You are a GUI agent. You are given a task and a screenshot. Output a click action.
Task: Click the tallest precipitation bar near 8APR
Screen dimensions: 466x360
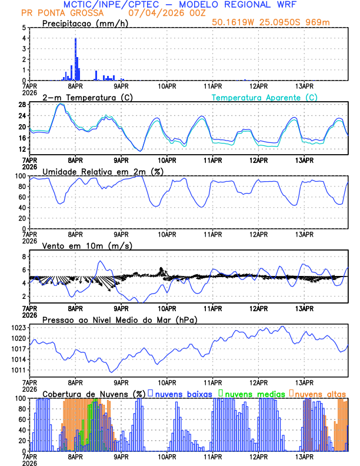click(x=75, y=59)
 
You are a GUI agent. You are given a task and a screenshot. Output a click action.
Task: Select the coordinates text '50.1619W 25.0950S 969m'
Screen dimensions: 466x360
click(x=279, y=22)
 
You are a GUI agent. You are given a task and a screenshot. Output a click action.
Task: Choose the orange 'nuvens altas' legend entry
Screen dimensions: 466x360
click(x=319, y=393)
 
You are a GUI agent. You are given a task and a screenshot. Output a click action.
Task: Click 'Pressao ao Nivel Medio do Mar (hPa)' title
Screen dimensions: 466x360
click(x=119, y=319)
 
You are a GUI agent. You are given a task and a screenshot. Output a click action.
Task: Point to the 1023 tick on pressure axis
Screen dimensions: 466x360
click(x=20, y=327)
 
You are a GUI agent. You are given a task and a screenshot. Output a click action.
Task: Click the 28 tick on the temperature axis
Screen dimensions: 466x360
click(x=21, y=105)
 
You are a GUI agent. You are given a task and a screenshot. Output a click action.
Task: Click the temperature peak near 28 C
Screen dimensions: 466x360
click(x=61, y=104)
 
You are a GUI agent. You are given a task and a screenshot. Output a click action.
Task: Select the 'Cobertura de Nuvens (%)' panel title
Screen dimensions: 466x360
click(x=94, y=393)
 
